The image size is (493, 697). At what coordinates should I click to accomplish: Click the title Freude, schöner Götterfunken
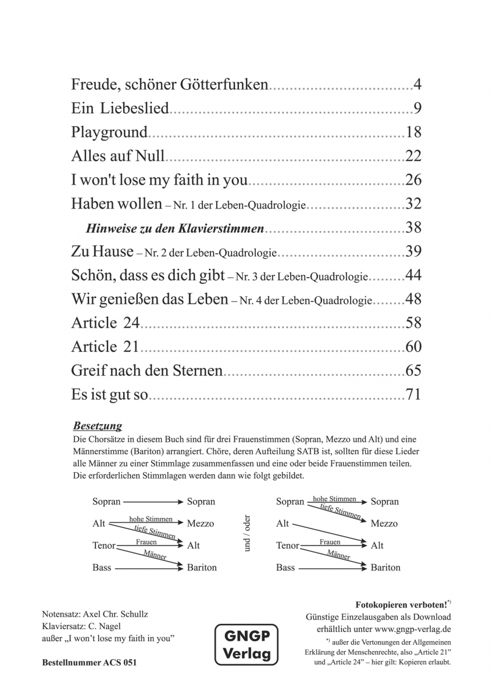170,85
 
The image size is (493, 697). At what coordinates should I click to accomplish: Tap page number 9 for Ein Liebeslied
417,109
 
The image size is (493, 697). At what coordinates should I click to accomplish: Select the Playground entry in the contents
109,132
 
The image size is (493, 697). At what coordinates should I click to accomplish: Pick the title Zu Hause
102,252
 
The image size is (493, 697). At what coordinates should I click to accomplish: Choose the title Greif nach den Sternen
147,371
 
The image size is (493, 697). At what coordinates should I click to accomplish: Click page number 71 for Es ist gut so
413,396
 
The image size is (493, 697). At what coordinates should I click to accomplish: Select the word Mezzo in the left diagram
201,523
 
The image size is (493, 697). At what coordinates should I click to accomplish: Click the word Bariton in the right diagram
385,567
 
